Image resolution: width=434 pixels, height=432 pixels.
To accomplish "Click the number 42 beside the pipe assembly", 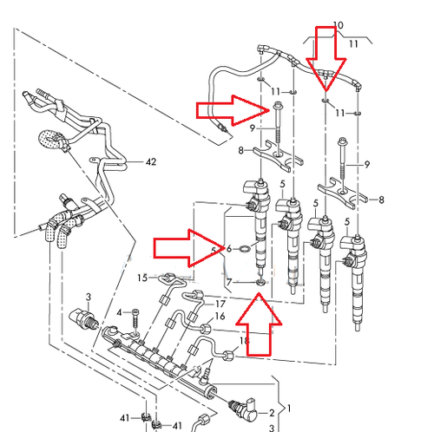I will pos(151,161).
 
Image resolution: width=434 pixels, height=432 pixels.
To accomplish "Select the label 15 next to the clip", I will pos(141,278).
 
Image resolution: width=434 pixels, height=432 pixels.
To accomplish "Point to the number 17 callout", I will pos(220,304).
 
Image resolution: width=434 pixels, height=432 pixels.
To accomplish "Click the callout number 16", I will pos(220,317).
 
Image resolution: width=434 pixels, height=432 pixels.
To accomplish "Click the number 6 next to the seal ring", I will pos(228,249).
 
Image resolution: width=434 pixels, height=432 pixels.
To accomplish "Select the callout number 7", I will pos(228,282).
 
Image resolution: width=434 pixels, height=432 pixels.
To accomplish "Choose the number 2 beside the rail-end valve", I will pos(272,413).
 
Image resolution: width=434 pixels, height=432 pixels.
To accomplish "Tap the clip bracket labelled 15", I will pos(171,278).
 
